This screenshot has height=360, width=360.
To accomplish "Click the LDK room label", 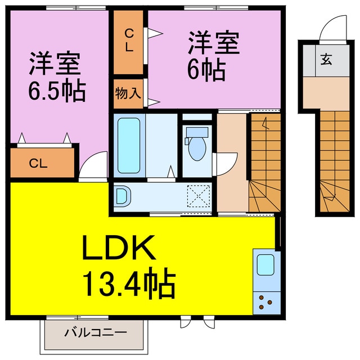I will [x=119, y=248].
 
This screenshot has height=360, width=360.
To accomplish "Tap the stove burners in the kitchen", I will [x=267, y=304].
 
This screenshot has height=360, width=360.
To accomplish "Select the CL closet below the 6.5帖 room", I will [x=41, y=164].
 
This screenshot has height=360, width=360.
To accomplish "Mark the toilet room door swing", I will [x=224, y=163].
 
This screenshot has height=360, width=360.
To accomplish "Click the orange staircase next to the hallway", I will [x=264, y=163].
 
